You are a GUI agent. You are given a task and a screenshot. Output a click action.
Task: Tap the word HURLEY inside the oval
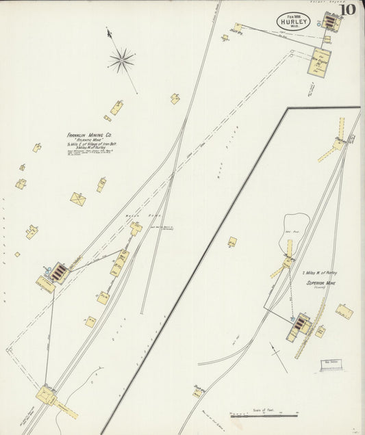click(293, 21)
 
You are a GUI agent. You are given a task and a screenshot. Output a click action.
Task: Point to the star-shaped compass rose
click(121, 60)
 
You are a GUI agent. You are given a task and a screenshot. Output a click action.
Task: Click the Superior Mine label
click(320, 282)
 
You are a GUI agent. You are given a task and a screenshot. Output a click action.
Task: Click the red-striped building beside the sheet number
click(331, 23)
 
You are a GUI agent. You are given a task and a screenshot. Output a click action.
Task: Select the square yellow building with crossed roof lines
click(78, 199)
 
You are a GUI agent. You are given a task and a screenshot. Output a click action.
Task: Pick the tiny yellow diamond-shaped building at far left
click(17, 254)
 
